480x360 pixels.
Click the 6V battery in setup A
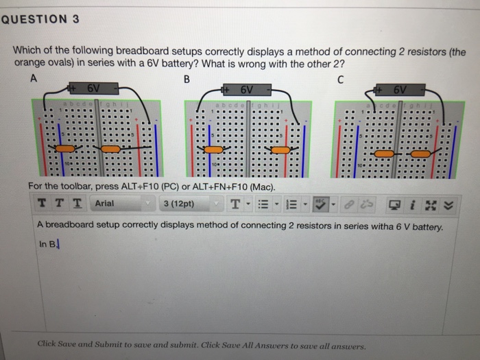(95, 89)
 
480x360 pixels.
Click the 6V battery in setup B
(246, 89)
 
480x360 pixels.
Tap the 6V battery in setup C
(400, 90)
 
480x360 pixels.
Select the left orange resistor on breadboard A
(64, 149)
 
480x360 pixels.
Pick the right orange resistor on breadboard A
(110, 149)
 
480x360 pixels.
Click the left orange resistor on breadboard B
(213, 149)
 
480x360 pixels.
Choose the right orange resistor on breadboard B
(280, 149)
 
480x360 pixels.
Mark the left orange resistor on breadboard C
(385, 154)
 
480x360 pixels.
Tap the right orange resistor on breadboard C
(420, 154)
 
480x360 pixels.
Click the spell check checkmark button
(320, 204)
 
